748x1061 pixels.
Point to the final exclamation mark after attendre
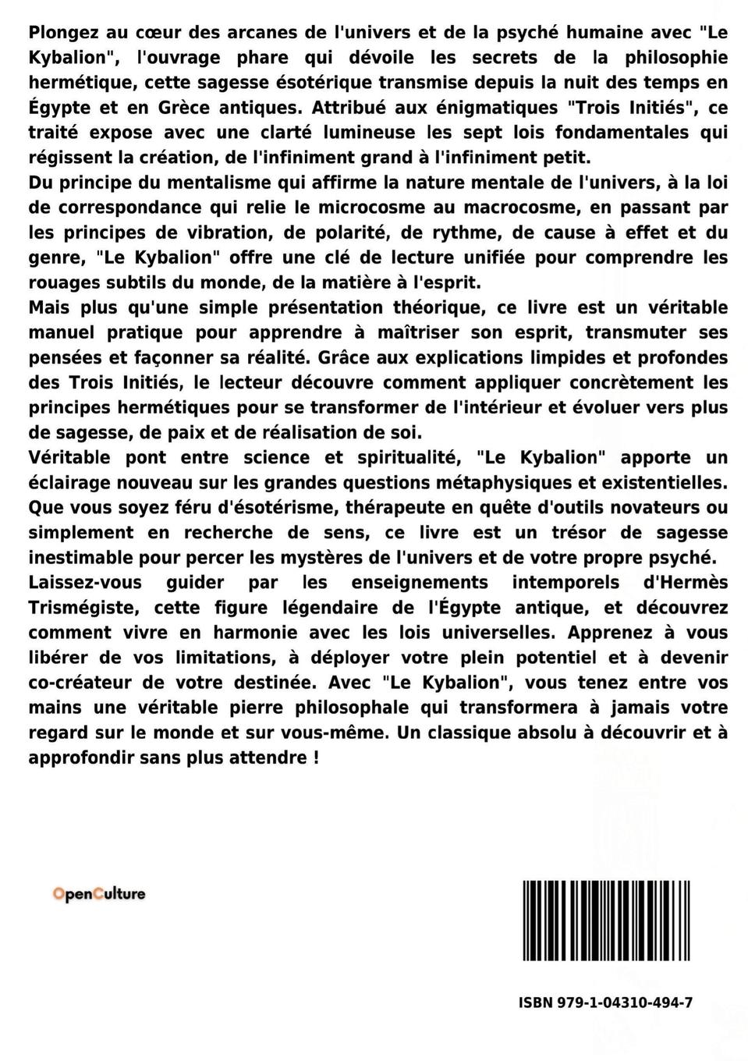coord(314,758)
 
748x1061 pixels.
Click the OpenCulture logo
coord(99,894)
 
